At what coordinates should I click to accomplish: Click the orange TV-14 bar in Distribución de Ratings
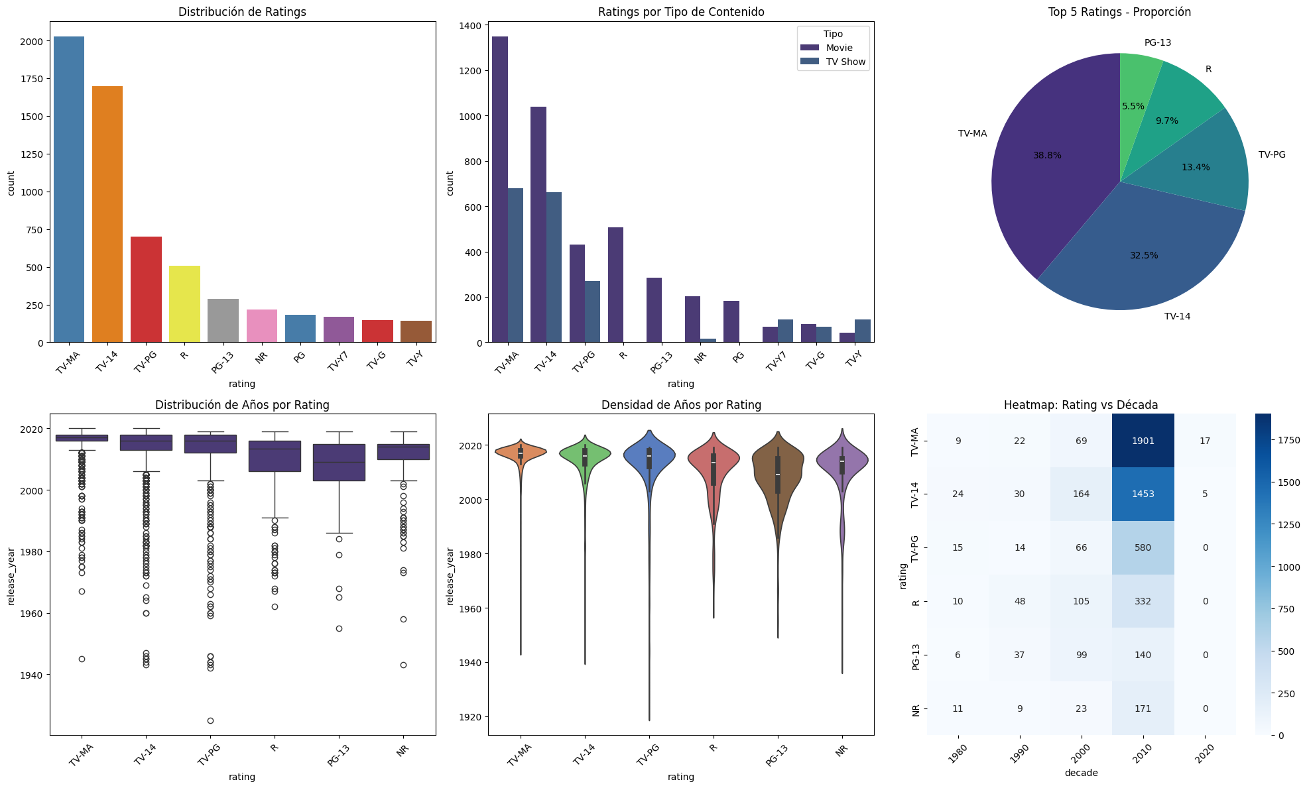[107, 214]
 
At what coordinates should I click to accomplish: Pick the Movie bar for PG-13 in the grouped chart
[654, 310]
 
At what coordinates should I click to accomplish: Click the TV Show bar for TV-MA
[515, 265]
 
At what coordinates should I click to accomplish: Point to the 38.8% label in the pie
[1047, 156]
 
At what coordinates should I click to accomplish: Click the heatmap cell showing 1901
[1143, 441]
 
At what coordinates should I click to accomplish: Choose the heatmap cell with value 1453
[1143, 494]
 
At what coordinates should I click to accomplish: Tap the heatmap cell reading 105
[1081, 601]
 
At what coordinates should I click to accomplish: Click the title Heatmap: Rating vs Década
[1081, 405]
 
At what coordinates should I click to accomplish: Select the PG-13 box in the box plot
[339, 463]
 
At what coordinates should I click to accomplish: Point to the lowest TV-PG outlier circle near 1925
[210, 720]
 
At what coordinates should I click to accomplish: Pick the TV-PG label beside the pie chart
[1272, 155]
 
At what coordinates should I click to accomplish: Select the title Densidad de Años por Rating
[681, 405]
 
